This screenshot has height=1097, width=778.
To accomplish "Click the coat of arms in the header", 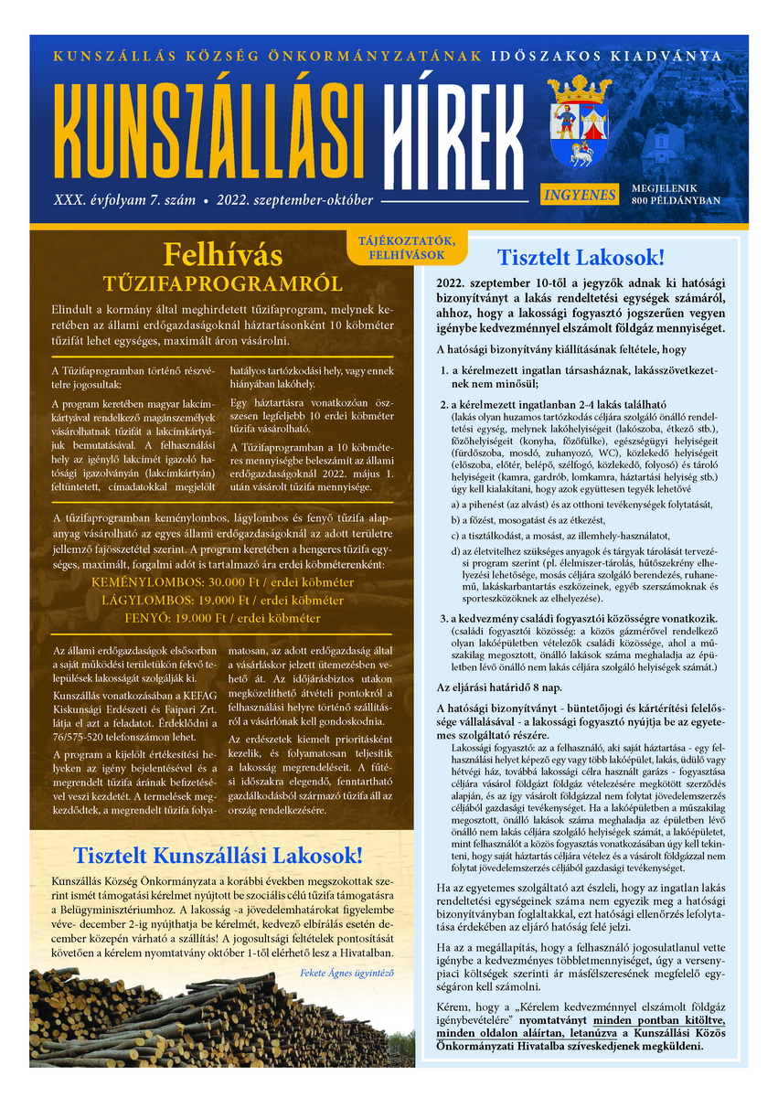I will tap(579, 122).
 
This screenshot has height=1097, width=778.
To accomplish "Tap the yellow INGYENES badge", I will tap(580, 194).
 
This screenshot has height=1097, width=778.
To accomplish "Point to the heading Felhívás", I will tap(222, 253).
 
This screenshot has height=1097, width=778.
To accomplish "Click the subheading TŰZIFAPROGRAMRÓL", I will tap(222, 282).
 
